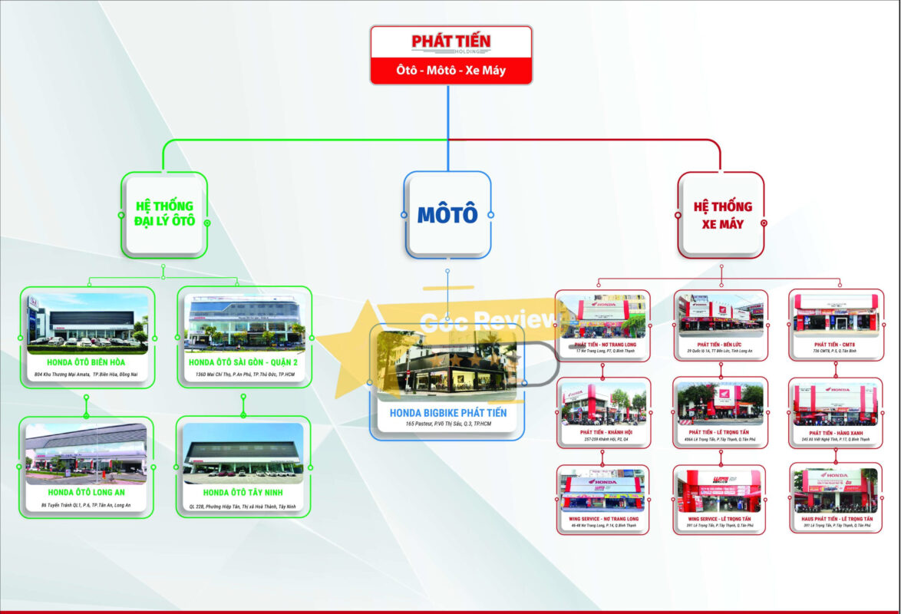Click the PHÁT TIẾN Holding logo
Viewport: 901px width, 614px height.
(x=450, y=43)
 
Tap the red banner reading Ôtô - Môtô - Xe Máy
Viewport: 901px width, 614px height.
(x=450, y=72)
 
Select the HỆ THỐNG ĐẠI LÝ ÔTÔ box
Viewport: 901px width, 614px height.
(x=164, y=214)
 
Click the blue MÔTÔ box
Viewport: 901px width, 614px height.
(x=447, y=214)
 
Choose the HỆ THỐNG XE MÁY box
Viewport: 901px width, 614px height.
(x=722, y=215)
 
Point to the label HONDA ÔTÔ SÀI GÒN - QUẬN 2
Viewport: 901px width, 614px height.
(x=243, y=362)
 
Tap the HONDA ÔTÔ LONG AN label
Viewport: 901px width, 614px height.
(x=87, y=492)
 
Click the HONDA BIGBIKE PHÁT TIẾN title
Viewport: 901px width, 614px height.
(x=448, y=413)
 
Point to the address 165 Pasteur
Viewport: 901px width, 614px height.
(x=448, y=424)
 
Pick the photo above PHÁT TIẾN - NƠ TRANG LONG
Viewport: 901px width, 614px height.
(x=602, y=315)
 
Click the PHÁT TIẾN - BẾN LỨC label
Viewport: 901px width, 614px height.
(x=720, y=345)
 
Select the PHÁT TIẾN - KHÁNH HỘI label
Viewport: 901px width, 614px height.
(x=603, y=433)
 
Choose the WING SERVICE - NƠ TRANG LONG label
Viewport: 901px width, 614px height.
(x=603, y=520)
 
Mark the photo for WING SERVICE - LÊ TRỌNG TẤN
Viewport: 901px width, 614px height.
(x=719, y=490)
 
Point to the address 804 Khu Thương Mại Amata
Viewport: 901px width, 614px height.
(x=87, y=374)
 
